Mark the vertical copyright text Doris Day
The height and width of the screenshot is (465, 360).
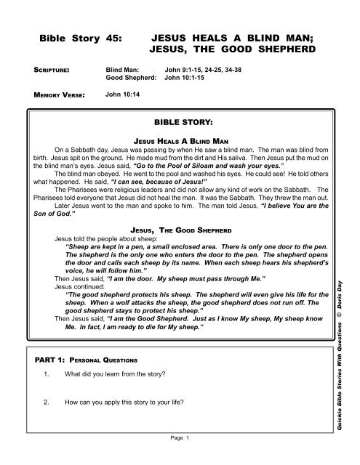tap(350, 291)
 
